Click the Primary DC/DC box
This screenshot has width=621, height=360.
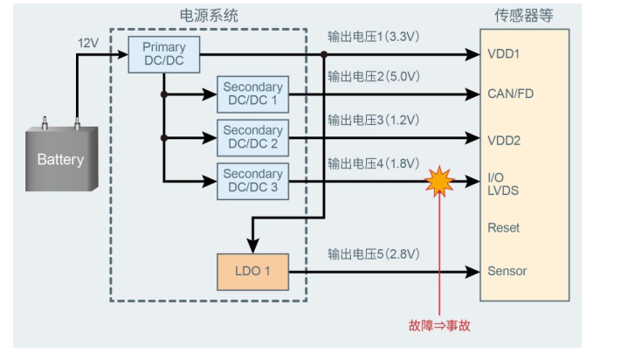[x=164, y=55]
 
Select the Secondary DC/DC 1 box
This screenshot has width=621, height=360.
[x=252, y=94]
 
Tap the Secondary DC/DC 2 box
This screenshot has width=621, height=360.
[x=252, y=138]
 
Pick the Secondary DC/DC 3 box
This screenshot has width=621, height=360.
[x=252, y=182]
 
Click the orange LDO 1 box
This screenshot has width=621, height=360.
[x=252, y=272]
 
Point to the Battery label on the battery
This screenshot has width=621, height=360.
[x=60, y=160]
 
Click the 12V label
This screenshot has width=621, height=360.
[x=88, y=43]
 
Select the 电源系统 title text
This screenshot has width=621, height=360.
[x=209, y=16]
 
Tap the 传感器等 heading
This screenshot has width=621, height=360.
[x=523, y=16]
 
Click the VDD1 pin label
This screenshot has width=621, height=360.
[x=503, y=54]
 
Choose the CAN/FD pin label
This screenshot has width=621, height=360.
[x=510, y=93]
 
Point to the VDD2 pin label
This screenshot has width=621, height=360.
[x=504, y=141]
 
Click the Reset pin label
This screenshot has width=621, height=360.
[x=503, y=228]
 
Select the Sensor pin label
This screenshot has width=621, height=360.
[x=507, y=271]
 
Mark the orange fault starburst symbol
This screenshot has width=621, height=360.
[x=439, y=182]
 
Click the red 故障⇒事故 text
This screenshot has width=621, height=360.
[x=439, y=326]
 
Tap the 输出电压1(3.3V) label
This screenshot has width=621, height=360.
[x=373, y=37]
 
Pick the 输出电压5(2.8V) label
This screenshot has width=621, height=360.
[x=374, y=254]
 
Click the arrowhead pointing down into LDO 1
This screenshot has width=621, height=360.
[x=252, y=246]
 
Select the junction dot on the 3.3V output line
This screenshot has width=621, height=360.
[x=324, y=55]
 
